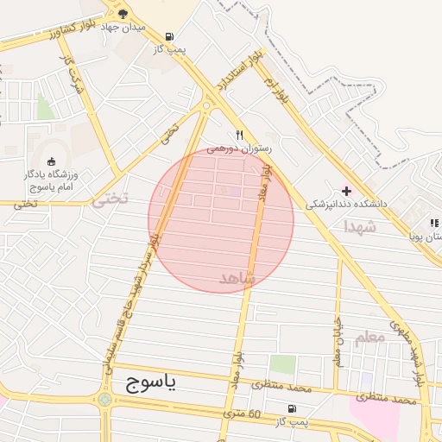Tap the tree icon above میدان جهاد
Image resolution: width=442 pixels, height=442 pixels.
123,13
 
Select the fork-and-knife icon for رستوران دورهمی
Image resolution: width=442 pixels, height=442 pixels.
240,135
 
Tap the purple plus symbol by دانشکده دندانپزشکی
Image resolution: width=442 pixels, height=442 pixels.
347,191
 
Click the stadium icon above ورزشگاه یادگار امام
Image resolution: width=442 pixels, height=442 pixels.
51,161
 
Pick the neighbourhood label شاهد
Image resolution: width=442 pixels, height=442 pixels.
237,278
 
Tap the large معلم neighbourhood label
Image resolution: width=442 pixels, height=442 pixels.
369,338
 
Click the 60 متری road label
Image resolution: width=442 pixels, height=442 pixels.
242,414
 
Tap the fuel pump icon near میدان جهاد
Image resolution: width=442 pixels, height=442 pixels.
167,36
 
